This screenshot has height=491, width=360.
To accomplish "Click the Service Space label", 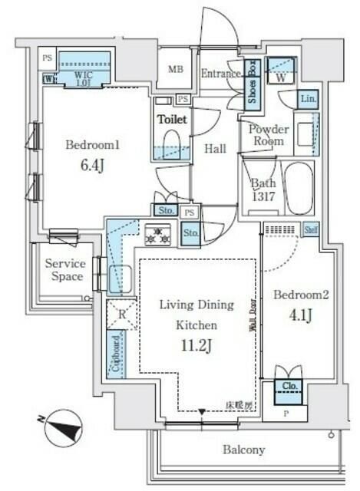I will pyautogui.click(x=64, y=270).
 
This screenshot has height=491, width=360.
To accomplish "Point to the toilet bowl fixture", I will pyautogui.click(x=171, y=143).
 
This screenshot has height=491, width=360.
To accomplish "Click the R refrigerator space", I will pyautogui.click(x=122, y=314).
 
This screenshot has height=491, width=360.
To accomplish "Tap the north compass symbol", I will pyautogui.click(x=64, y=427).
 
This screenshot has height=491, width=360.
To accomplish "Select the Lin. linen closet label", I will pyautogui.click(x=307, y=99).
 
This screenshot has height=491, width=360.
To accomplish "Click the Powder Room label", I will pyautogui.click(x=267, y=135).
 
